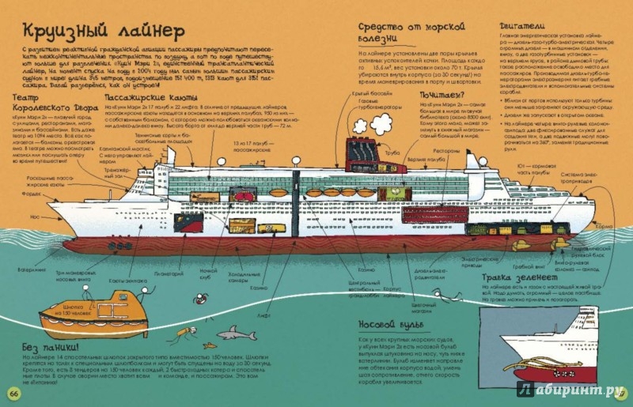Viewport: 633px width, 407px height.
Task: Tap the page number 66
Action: pos(13,393)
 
